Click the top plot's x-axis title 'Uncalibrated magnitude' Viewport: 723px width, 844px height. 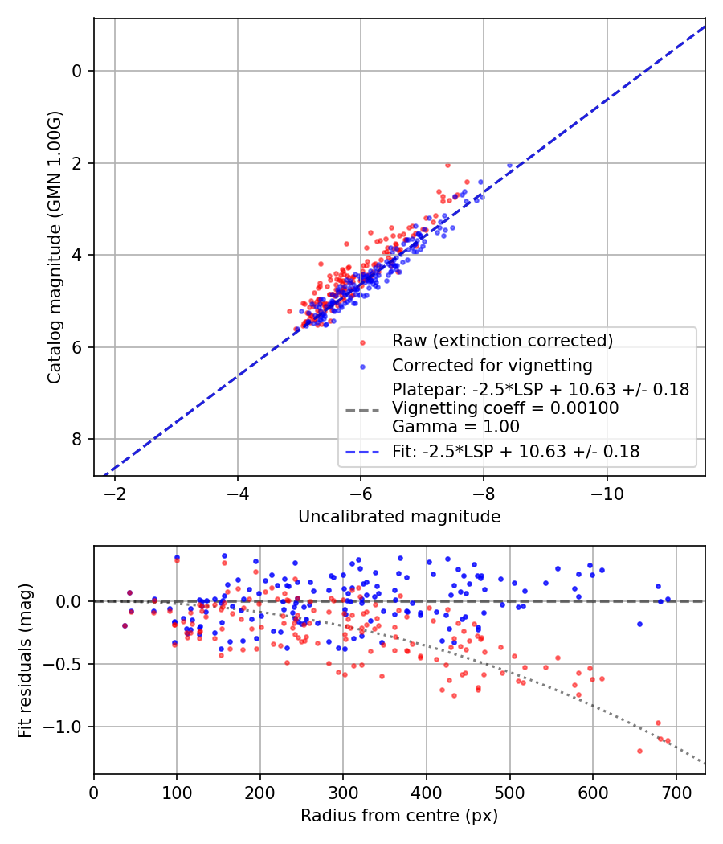click(x=399, y=517)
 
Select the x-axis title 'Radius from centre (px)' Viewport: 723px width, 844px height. click(x=399, y=816)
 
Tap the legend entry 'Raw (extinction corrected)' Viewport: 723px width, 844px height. click(x=502, y=340)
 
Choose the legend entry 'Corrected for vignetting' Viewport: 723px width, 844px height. click(x=492, y=366)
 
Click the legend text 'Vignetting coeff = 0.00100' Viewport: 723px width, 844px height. click(x=505, y=408)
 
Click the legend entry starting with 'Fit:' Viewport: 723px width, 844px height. click(x=516, y=452)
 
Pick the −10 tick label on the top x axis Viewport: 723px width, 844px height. click(x=607, y=492)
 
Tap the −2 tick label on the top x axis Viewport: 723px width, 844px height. click(x=115, y=492)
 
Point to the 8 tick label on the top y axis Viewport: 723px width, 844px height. click(x=78, y=439)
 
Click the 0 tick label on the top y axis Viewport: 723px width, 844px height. click(x=78, y=71)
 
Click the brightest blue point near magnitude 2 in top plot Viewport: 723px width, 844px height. click(x=509, y=165)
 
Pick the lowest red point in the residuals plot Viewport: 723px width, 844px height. click(x=639, y=751)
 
